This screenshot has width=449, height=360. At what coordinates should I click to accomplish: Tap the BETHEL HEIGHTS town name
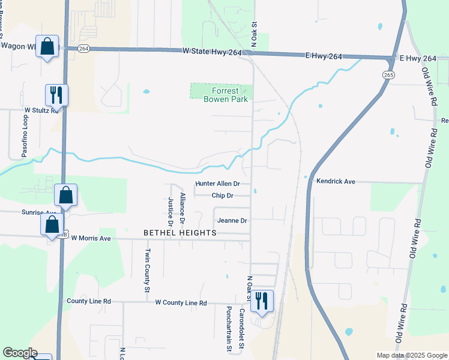(179, 232)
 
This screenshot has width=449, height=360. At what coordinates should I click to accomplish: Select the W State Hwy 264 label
(213, 53)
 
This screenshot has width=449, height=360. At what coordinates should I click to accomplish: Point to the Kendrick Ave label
(336, 181)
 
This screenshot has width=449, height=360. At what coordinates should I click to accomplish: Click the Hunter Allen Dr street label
(218, 184)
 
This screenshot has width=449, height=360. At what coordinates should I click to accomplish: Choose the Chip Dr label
(222, 196)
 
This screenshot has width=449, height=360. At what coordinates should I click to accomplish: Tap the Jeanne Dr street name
(232, 221)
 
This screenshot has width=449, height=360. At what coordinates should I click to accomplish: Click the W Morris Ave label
(91, 238)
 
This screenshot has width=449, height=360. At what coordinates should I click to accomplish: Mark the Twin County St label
(147, 269)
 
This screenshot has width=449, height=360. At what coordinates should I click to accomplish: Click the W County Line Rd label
(181, 303)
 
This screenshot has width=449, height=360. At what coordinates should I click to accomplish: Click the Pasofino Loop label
(25, 136)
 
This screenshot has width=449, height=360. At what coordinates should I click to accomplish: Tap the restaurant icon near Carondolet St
(261, 300)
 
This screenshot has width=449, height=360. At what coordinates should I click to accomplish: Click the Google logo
(19, 353)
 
